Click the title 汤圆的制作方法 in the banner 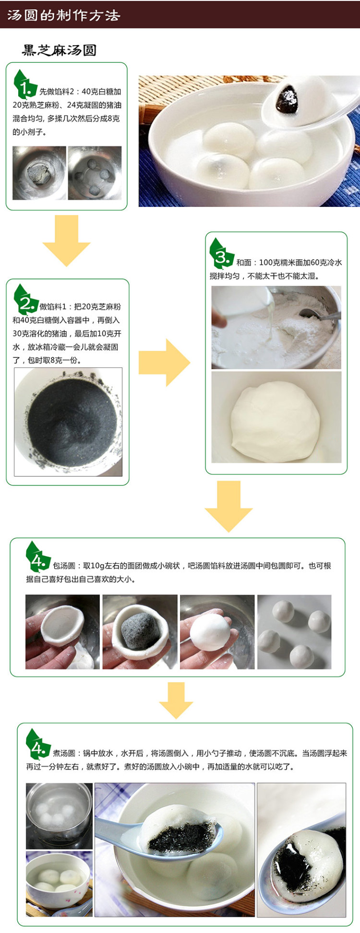pyautogui.click(x=63, y=15)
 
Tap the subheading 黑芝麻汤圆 pyautogui.click(x=59, y=50)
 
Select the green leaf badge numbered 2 pyautogui.click(x=26, y=299)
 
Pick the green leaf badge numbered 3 pyautogui.click(x=221, y=254)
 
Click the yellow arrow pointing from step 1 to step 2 pyautogui.click(x=66, y=240)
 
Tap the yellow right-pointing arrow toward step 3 pyautogui.click(x=164, y=363)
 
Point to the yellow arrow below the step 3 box pyautogui.click(x=228, y=506)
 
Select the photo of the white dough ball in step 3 pyautogui.click(x=276, y=417)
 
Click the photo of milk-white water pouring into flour pyautogui.click(x=276, y=327)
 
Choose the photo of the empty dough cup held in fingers pyautogui.click(x=62, y=632)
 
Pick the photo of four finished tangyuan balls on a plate pyautogui.click(x=294, y=632)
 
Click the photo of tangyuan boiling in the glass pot pyautogui.click(x=59, y=816)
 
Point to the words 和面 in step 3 pyautogui.click(x=244, y=262)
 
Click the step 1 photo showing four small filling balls pyautogui.click(x=95, y=173)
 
